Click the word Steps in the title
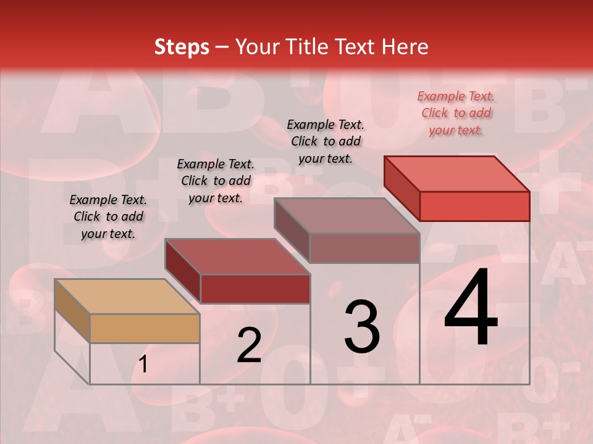(x=182, y=47)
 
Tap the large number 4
(x=471, y=308)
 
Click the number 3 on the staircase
(x=361, y=327)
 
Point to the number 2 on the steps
(x=249, y=345)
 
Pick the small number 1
(x=143, y=364)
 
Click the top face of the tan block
(x=127, y=297)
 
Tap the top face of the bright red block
(x=457, y=173)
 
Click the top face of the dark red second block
(x=237, y=257)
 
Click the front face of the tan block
(x=145, y=328)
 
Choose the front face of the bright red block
(x=474, y=206)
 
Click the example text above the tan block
(x=108, y=216)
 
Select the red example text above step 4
(x=456, y=113)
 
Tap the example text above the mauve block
(x=326, y=141)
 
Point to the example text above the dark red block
(x=216, y=181)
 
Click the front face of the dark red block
(x=255, y=289)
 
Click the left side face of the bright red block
(x=402, y=188)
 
